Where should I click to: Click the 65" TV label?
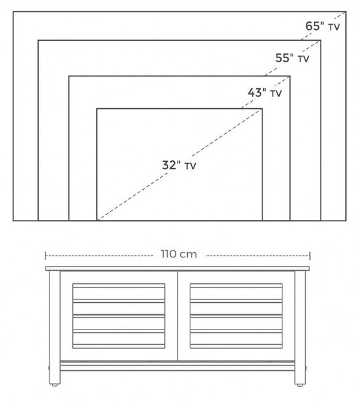pos(323,26)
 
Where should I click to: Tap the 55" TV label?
pos(293,58)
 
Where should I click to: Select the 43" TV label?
pos(264,93)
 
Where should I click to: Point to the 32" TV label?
pos(179,165)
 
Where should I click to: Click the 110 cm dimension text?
pos(179,254)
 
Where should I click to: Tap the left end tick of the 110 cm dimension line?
pos(45,255)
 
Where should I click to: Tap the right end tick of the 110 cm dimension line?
pos(310,255)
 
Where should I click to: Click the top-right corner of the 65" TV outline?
pos(346,11)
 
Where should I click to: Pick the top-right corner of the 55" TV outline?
pos(321,40)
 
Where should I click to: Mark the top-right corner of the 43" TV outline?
pos(290,76)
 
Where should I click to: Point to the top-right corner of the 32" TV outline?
pos(262,109)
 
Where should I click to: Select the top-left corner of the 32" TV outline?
pos(97,109)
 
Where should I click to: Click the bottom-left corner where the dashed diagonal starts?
pos(97,220)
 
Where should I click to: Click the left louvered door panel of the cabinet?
pos(119,316)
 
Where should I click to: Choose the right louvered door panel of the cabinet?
pos(236,316)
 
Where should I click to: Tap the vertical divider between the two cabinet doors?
pos(177,316)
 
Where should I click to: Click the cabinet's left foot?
pos(54,384)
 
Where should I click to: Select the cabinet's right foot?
pos(300,384)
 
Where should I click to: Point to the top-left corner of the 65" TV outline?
pos(13,11)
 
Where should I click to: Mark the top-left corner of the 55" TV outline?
pos(38,40)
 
